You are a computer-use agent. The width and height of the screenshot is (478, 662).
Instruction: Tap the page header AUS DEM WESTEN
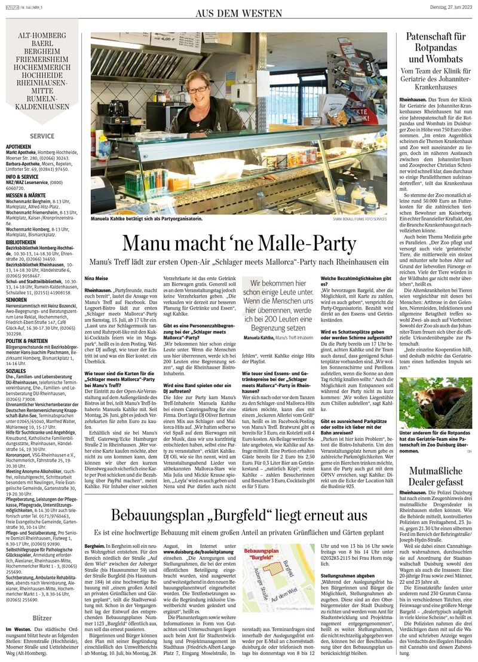pos(239,13)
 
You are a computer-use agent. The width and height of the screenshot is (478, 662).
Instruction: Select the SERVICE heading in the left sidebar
pos(42,136)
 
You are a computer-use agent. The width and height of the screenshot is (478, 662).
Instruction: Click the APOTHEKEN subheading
pos(19,146)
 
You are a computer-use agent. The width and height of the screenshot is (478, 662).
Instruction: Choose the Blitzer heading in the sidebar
pos(42,617)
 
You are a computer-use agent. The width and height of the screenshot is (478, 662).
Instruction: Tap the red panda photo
pos(436,403)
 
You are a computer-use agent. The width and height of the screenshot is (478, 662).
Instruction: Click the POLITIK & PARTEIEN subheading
pos(28,341)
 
